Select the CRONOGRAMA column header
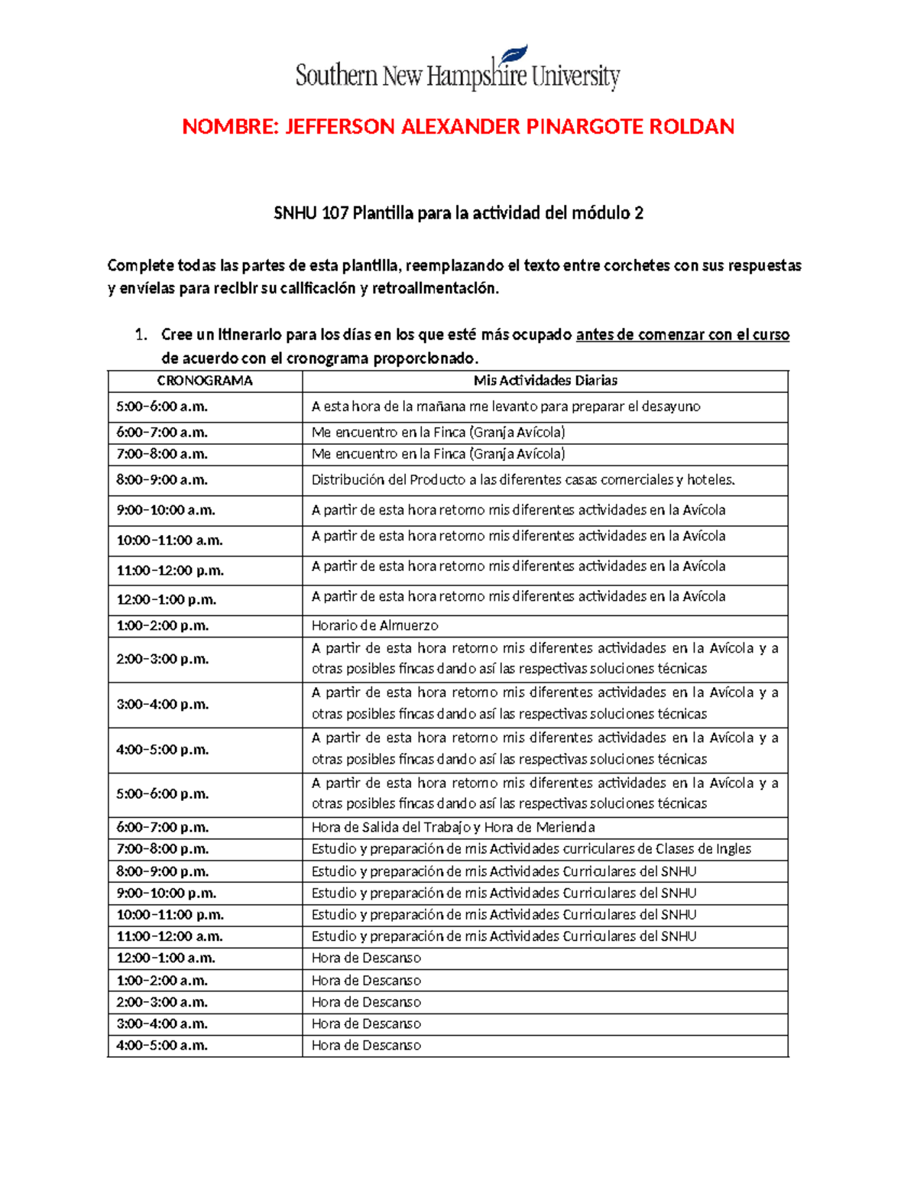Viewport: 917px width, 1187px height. tap(205, 381)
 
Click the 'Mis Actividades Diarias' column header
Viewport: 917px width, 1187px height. tap(545, 381)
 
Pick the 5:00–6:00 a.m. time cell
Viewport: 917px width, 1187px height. tap(162, 407)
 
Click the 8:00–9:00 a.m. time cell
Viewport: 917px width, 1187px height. tap(162, 480)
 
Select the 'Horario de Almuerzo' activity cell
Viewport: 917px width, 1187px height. tap(375, 625)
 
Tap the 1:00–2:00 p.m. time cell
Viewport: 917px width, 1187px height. tap(162, 625)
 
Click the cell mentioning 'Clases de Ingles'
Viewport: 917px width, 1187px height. tap(531, 848)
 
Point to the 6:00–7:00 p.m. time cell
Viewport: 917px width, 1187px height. tap(162, 827)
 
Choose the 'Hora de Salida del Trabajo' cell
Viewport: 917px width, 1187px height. tap(453, 827)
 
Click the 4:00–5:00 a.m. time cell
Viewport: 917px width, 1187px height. tap(162, 1045)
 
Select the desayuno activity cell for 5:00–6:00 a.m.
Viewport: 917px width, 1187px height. tap(506, 407)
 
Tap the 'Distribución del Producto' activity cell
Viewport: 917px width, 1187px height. tap(523, 480)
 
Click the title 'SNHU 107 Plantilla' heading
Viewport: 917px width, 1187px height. tap(458, 213)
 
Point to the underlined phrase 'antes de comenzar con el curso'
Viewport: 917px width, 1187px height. tap(682, 335)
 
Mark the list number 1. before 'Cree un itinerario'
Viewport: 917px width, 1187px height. tap(140, 335)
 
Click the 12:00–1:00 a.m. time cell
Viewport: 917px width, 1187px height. tap(166, 958)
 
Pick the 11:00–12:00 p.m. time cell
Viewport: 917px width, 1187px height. tap(170, 570)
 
